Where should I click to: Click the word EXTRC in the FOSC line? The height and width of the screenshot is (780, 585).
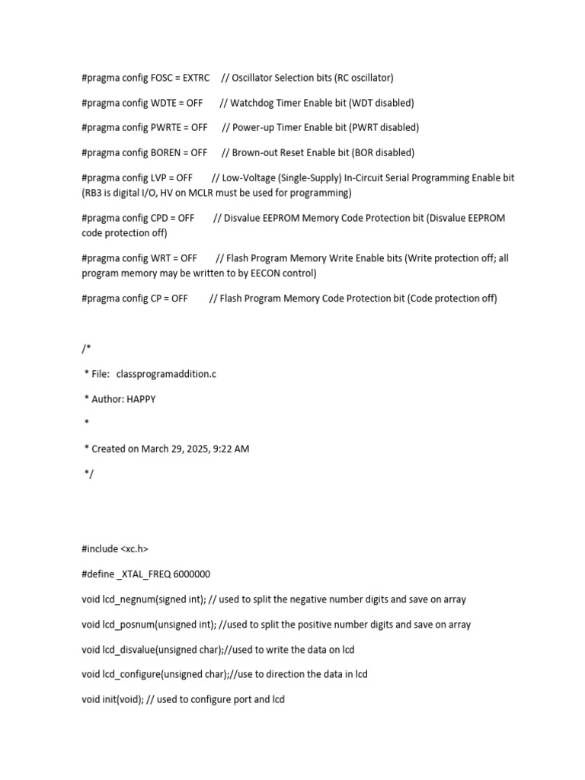tap(197, 78)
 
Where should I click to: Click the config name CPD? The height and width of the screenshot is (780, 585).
tap(160, 218)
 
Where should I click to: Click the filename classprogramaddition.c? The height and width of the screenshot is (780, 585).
tap(166, 374)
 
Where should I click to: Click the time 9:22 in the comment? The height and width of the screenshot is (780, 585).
tap(225, 449)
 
